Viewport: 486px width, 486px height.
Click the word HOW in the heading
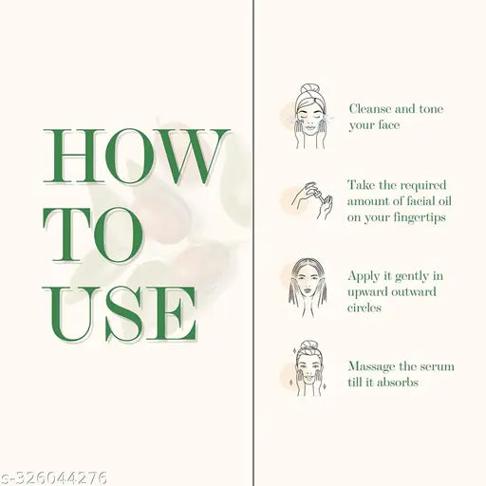point(136,156)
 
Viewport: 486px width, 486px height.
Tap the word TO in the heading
point(93,235)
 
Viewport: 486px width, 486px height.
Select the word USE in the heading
point(120,313)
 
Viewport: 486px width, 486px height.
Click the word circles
point(364,308)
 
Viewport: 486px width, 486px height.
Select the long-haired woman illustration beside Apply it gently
point(308,288)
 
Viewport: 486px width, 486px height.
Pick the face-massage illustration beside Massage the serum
point(308,368)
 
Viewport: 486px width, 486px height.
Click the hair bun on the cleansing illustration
point(308,89)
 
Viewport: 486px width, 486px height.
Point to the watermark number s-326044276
point(53,477)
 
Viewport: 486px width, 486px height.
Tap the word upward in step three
point(367,292)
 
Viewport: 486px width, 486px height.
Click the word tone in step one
point(431,109)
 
